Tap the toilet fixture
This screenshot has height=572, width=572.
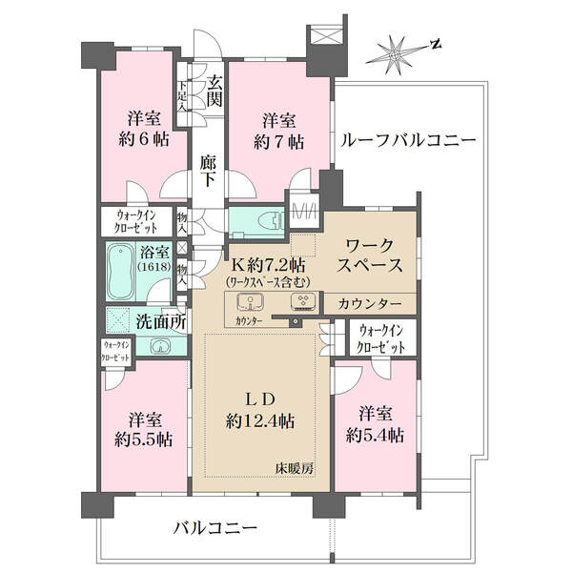coord(271,221)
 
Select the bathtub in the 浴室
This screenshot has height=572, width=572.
coord(120,271)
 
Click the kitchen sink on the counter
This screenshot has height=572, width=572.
coord(251,301)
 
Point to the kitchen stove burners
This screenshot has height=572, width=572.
coord(303,302)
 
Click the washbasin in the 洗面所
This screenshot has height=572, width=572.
coord(160,346)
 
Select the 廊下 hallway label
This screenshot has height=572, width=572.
coord(208,171)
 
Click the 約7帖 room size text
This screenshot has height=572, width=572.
coord(278,142)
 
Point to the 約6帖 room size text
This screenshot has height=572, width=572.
coord(144,139)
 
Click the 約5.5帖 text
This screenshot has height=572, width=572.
coord(143,439)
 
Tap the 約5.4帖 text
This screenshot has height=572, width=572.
coord(375,435)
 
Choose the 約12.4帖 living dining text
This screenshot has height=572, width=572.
coord(260,421)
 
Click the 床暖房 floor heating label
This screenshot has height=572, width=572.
coord(295,468)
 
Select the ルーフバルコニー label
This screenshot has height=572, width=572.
coord(408,140)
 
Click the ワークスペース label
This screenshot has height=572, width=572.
coord(370,255)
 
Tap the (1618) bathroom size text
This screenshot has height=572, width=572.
coord(154,266)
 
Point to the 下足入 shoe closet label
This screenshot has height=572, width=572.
coord(182,96)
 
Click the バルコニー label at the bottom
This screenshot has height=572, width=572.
coord(215,528)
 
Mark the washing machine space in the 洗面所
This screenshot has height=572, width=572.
coord(118,320)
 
